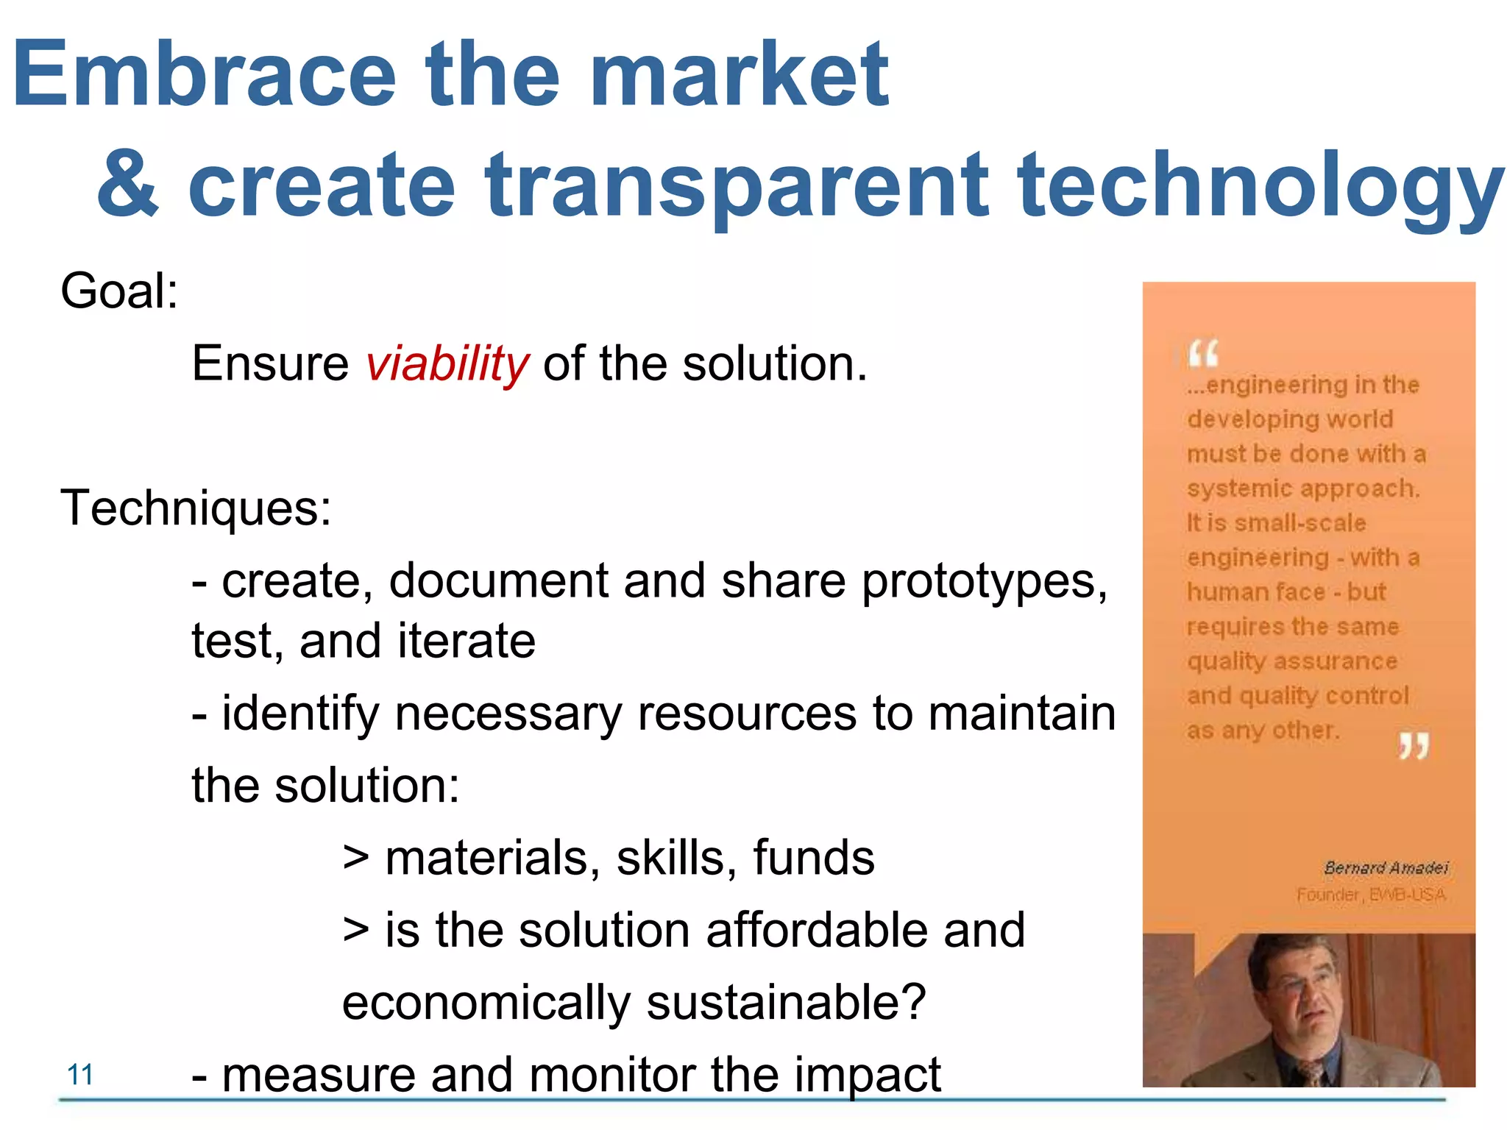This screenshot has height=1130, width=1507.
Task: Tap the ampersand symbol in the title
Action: (127, 184)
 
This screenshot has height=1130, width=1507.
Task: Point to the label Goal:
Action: (119, 291)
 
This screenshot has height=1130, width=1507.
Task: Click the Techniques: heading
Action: (196, 508)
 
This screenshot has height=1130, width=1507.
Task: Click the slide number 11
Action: (80, 1075)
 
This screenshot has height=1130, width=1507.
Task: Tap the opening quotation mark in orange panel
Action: (1203, 354)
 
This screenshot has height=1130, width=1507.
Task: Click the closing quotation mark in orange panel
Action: (1414, 746)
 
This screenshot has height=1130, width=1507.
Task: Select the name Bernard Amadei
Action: (1386, 868)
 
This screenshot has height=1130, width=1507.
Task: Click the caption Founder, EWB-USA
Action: (1371, 895)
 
